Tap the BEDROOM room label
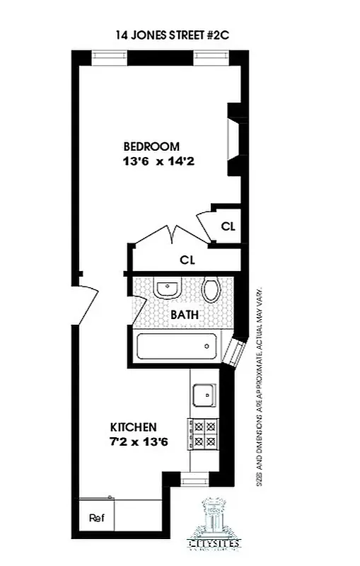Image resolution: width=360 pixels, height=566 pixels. (x=151, y=146)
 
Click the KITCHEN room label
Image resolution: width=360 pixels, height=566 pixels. (x=133, y=427)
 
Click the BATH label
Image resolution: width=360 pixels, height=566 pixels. (x=184, y=316)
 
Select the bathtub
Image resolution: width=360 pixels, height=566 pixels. (x=178, y=347)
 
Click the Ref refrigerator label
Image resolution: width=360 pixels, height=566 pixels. (x=96, y=517)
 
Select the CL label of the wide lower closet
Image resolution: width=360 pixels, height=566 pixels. (x=187, y=260)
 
